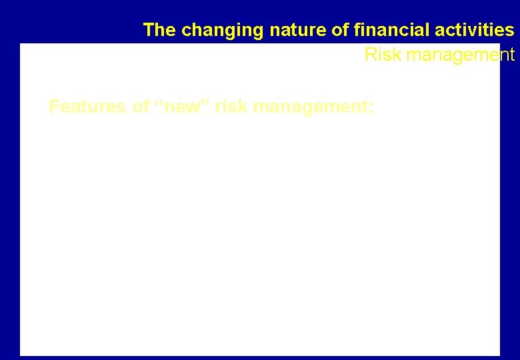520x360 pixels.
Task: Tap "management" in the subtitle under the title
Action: (460, 55)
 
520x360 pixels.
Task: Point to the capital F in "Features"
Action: (54, 107)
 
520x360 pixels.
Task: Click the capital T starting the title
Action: (149, 30)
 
